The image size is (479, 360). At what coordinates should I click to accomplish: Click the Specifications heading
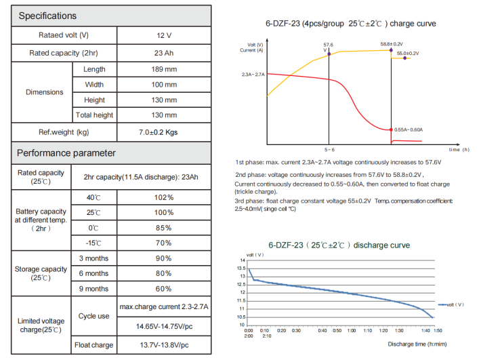coord(47,16)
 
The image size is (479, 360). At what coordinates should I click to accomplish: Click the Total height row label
coord(94,115)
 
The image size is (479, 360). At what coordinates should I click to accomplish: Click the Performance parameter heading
coord(66,153)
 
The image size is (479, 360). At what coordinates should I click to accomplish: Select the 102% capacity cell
coord(165,197)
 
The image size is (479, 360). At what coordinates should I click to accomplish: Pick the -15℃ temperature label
coord(94,243)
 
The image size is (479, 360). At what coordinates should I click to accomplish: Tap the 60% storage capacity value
coord(165,289)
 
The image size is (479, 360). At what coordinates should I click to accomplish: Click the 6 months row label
coord(94,273)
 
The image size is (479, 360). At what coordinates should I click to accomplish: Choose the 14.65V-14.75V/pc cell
coord(164,326)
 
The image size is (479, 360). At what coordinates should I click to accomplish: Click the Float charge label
coord(94,345)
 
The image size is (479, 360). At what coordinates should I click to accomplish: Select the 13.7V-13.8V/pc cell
coord(164,345)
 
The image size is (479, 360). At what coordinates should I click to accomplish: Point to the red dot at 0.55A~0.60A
coord(392,129)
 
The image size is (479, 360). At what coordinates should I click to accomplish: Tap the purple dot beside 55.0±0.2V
coord(404,59)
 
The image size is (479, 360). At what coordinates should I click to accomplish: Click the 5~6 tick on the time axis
coord(329,148)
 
